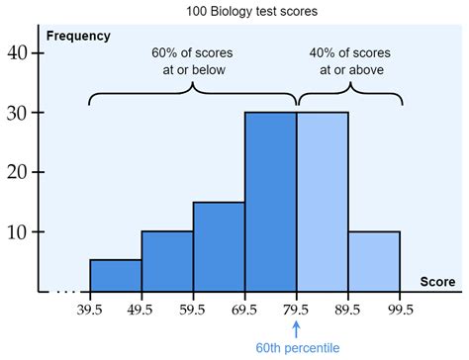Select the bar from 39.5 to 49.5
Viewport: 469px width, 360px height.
coord(116,276)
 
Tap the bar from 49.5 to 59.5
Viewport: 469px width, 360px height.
coord(167,262)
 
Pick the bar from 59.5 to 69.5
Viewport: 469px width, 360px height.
coord(219,247)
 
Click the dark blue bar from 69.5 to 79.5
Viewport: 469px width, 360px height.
coord(270,203)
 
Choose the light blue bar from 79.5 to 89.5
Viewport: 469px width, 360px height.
coord(323,203)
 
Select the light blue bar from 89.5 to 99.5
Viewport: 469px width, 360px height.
coord(374,262)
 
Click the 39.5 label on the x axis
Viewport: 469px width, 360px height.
coord(90,309)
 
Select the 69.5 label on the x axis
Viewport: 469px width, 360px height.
coord(244,309)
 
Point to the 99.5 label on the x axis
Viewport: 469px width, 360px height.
coord(399,309)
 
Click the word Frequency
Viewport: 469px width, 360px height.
coord(78,36)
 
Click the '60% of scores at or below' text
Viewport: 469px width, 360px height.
coord(192,60)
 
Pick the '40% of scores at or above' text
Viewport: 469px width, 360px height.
coord(349,60)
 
